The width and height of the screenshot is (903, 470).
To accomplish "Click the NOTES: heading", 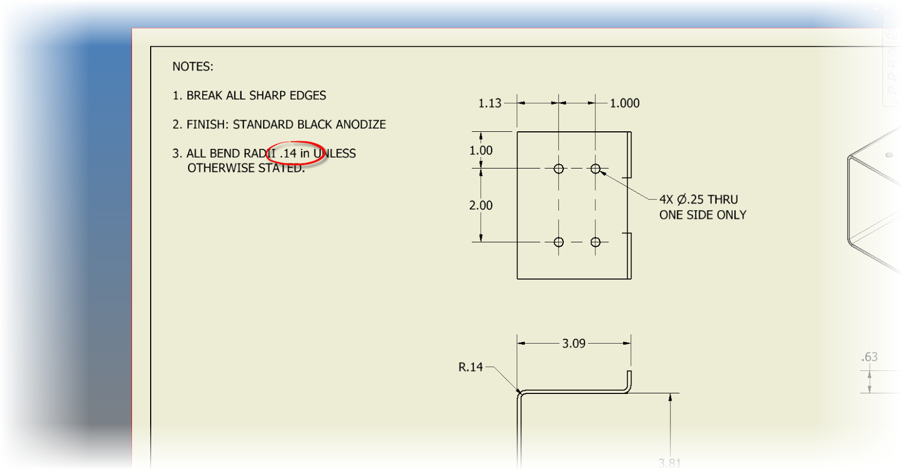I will (193, 66).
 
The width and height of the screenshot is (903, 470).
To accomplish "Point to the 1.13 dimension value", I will (489, 103).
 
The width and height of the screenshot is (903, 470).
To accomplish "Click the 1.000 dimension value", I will (625, 103).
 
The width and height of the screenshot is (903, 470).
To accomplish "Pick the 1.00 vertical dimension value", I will (481, 150).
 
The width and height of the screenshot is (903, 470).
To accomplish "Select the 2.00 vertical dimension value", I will (481, 206).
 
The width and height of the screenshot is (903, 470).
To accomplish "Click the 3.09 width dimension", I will (573, 343).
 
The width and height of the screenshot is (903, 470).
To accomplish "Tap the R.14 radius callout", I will (471, 367).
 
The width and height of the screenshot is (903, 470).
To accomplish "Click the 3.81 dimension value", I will (670, 463).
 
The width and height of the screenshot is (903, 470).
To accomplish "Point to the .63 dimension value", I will (870, 357).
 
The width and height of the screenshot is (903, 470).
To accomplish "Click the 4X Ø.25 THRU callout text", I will (699, 199).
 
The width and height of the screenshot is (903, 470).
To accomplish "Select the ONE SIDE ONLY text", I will (703, 215).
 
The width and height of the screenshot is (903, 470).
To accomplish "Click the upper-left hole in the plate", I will (559, 169).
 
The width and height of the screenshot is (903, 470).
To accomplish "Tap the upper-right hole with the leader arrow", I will (595, 169).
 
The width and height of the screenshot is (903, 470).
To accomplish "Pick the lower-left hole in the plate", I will (559, 242).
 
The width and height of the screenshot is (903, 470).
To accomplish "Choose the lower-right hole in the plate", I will (595, 242).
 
